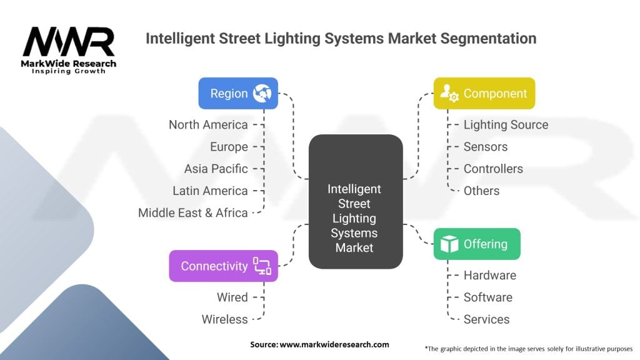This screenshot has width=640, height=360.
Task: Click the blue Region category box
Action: click(238, 94)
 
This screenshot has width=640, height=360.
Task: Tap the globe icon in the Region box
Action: click(262, 94)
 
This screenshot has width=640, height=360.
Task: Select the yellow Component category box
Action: click(484, 94)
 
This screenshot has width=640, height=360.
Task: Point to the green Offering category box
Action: click(477, 244)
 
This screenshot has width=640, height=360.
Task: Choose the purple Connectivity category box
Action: click(223, 266)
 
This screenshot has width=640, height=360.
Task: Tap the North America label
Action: click(208, 125)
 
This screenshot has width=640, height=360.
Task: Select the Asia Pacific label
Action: click(216, 169)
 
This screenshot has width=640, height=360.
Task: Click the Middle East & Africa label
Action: click(193, 212)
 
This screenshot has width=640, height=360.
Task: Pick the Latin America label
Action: click(210, 191)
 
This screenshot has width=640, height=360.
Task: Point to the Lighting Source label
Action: click(506, 125)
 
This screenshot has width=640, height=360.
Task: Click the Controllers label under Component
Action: click(493, 169)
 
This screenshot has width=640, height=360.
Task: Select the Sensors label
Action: click(486, 147)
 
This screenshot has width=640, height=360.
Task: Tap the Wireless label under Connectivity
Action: click(224, 319)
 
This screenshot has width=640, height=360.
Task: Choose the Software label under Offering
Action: click(487, 297)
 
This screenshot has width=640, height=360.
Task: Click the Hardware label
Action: click(489, 276)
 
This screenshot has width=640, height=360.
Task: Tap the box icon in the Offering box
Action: click(449, 244)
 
